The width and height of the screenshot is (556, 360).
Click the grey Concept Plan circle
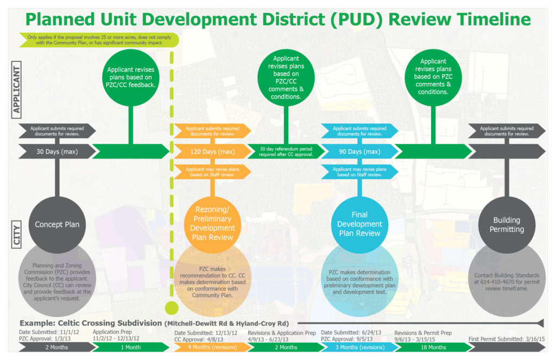[57, 224]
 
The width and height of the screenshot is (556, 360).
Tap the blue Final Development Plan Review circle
[359, 224]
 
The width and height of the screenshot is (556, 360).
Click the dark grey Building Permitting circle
[506, 224]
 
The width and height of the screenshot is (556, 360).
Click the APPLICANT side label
[17, 90]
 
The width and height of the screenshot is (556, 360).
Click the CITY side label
[17, 234]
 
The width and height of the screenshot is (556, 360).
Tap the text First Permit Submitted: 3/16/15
[506, 339]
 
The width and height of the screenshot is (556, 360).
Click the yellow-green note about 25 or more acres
[95, 39]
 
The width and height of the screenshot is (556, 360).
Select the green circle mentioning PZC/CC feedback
[131, 77]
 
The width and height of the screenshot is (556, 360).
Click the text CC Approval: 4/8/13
[199, 339]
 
